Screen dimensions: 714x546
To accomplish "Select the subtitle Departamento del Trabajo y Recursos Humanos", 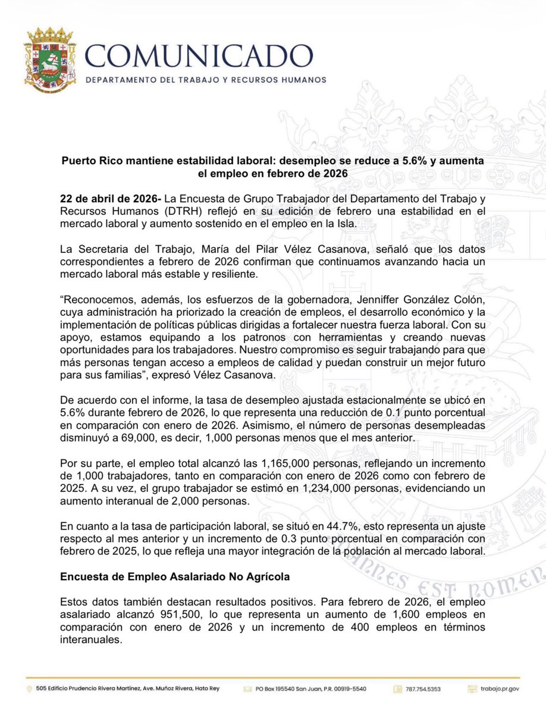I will pos(207,80).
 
